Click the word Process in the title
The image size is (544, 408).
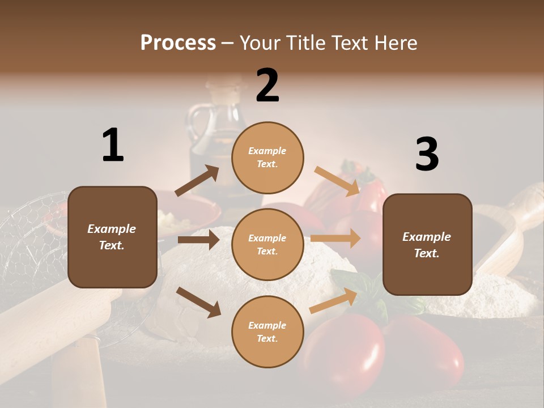tap(178, 42)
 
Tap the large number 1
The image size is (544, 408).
tap(113, 145)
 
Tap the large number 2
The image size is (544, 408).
tap(267, 86)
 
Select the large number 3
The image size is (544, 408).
tap(427, 154)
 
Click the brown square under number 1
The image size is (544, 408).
tap(112, 237)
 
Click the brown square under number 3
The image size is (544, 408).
tap(427, 245)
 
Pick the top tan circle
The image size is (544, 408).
tap(267, 158)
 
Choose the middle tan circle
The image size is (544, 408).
tap(267, 244)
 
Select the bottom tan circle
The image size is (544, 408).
tap(267, 331)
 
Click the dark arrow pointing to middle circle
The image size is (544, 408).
tap(198, 240)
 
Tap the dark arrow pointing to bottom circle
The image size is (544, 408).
tap(198, 302)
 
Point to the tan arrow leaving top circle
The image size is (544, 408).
tap(337, 181)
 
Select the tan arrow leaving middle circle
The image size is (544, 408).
tap(335, 239)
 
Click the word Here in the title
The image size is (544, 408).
tap(395, 42)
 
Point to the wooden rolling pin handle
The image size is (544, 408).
tap(79, 368)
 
